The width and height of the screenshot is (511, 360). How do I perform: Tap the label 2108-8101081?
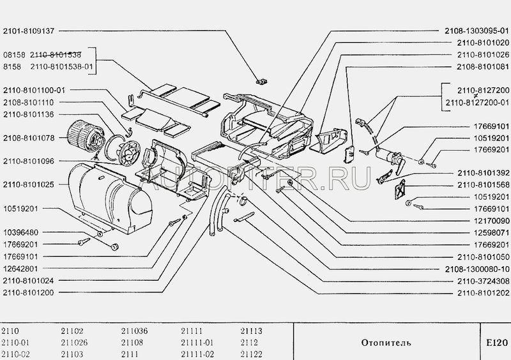(482, 66)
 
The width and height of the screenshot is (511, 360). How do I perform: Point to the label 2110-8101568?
(482, 184)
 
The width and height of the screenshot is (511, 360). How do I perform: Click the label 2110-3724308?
(482, 280)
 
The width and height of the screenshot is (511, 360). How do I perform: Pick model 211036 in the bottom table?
(133, 331)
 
